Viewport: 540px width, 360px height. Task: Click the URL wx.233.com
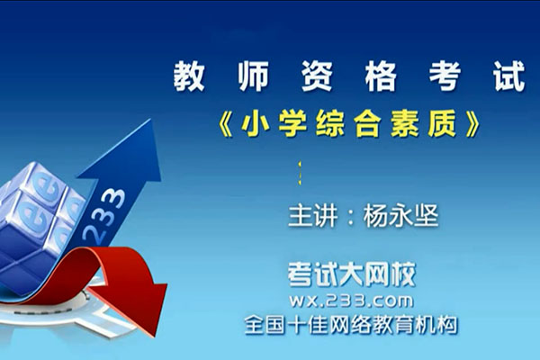[345, 299]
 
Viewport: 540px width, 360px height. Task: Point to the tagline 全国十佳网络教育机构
[344, 324]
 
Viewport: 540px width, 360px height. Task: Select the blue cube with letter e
[40, 207]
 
